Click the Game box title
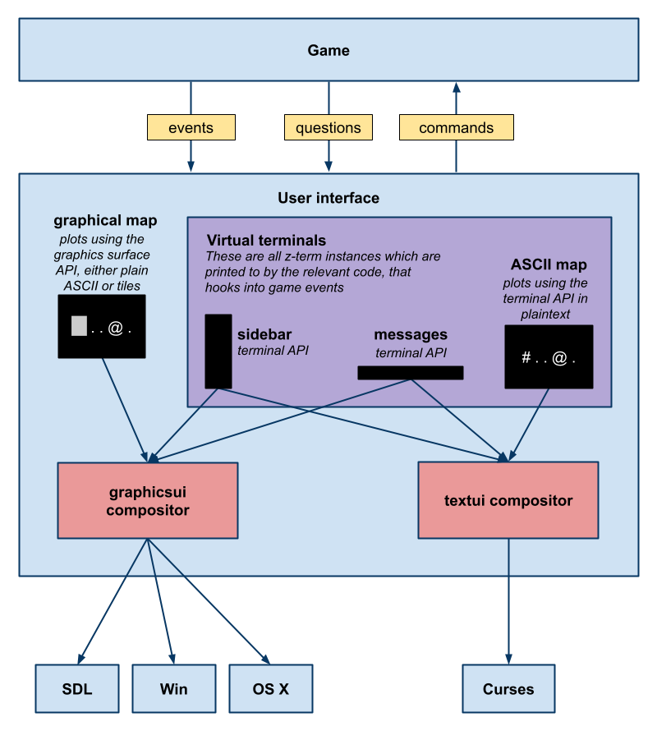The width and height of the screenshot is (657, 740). [328, 50]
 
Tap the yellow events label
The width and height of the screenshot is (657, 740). [191, 127]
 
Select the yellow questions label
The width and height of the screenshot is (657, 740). [328, 127]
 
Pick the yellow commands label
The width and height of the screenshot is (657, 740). [457, 127]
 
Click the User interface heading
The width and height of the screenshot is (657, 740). [328, 198]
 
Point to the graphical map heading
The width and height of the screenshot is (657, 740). [105, 220]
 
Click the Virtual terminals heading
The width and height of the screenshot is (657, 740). [266, 241]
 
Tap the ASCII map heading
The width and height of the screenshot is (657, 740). [549, 265]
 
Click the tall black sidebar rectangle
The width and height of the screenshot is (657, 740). [218, 351]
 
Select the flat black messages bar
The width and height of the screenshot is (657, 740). [411, 373]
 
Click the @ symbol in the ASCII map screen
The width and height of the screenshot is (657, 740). [558, 358]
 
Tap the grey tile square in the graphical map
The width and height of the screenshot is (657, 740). [79, 326]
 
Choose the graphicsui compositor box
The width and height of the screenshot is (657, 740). [148, 500]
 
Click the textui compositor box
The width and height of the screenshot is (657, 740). [508, 500]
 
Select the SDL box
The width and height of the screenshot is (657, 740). [76, 689]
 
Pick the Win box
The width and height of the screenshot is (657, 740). [173, 689]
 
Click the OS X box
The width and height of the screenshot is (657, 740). [270, 689]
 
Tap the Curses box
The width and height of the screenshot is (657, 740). [508, 689]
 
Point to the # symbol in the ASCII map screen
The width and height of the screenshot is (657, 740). [526, 358]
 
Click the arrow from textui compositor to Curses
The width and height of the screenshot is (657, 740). [508, 600]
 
